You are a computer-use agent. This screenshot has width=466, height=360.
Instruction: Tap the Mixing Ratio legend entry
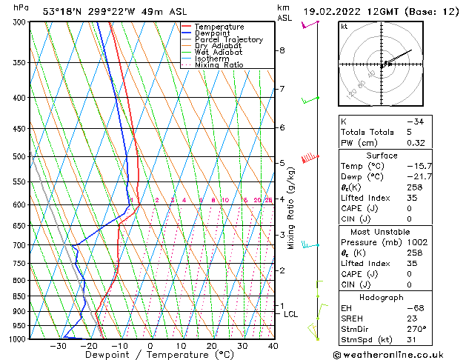tap(219, 65)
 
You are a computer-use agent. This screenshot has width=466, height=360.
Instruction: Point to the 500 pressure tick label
tap(19, 157)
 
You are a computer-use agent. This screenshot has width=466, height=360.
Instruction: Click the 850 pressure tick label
tap(19, 296)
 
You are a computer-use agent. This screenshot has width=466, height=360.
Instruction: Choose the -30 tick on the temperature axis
tap(57, 345)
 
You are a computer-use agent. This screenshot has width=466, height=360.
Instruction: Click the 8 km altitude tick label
tap(282, 50)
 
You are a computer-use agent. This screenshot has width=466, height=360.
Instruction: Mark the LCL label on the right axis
tap(291, 314)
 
